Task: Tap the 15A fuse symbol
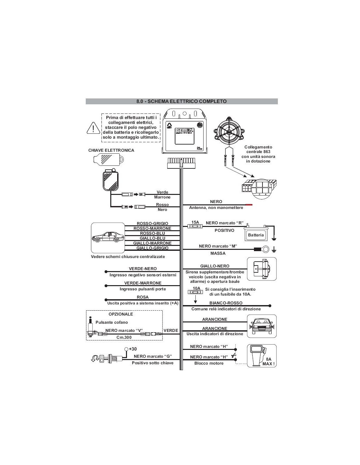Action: [x=195, y=226]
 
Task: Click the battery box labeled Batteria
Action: [x=256, y=234]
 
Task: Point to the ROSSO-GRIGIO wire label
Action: [x=153, y=224]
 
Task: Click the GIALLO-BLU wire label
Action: [x=153, y=238]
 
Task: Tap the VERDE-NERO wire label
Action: [x=143, y=269]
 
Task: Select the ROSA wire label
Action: [x=143, y=297]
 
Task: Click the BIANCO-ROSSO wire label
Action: [x=226, y=303]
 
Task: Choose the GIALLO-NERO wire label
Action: [x=215, y=266]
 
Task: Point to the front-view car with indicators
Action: [x=262, y=326]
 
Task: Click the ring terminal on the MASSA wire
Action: [x=266, y=250]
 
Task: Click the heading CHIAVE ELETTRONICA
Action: [x=111, y=150]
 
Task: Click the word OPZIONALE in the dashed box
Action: [x=121, y=314]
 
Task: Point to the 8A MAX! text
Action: [x=269, y=361]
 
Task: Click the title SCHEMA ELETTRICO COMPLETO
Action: [x=182, y=101]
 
